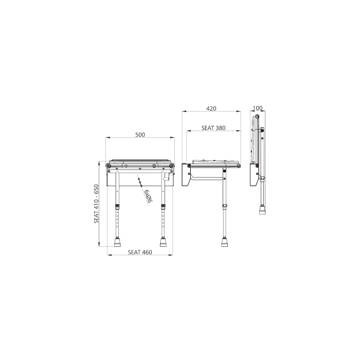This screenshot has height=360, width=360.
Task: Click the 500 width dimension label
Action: click(140, 135)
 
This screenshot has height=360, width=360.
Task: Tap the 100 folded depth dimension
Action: click(258, 108)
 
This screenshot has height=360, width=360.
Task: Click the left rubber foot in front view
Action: click(118, 241)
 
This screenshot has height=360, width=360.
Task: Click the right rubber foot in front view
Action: click(164, 241)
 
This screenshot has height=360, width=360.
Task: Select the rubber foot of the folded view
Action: click(263, 210)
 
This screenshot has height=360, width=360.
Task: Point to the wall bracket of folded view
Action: click(254, 175)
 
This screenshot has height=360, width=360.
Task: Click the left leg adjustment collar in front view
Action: click(118, 207)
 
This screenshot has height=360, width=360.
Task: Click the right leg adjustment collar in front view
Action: click(164, 207)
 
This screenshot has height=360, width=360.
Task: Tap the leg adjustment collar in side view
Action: click(225, 207)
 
